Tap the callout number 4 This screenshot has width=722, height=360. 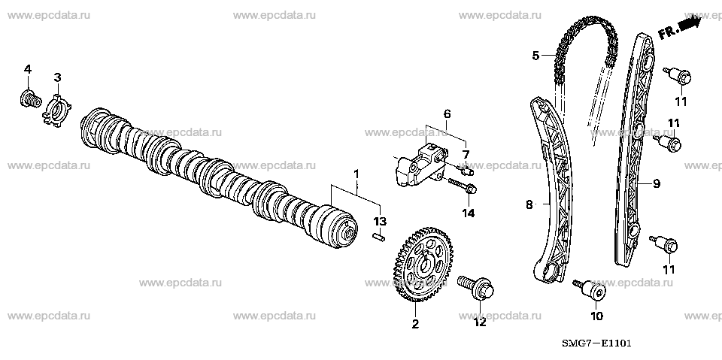tap(28, 69)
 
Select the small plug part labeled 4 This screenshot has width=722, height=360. tap(28, 98)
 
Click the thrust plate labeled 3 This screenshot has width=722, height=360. tap(56, 105)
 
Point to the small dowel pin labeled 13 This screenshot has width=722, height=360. tap(380, 237)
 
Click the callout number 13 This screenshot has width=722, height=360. tap(380, 221)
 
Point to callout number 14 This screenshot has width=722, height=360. tap(469, 213)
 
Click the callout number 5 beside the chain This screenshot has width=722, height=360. tap(535, 55)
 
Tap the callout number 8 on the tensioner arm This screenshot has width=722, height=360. tap(529, 203)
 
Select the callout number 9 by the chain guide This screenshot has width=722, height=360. tap(657, 182)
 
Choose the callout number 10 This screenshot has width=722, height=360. tap(596, 316)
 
